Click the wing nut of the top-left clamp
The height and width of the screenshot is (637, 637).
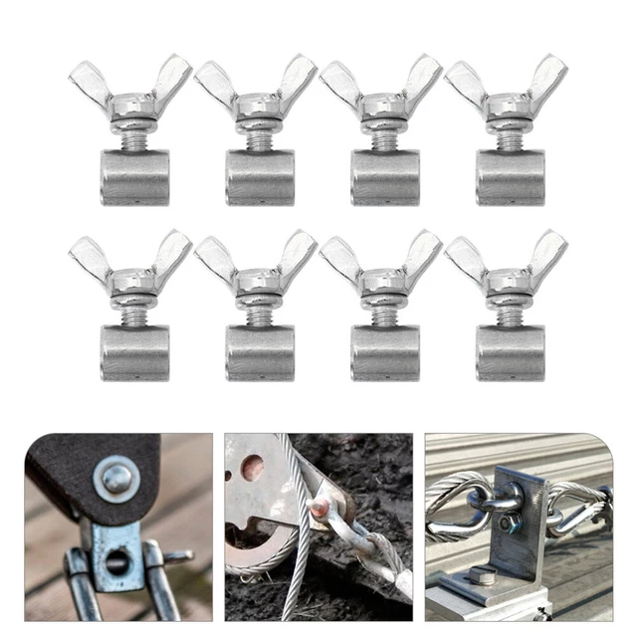tap(130, 100)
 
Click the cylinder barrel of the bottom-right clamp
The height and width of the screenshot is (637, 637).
tap(510, 352)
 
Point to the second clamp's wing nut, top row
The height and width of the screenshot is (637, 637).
tap(256, 100)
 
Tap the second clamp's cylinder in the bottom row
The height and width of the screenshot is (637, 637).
tap(259, 352)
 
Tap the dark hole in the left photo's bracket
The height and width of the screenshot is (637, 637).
tap(116, 562)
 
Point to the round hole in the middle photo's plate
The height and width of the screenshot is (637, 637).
tap(253, 466)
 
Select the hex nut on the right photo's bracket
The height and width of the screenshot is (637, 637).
tap(508, 523)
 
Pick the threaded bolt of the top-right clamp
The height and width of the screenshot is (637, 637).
tap(510, 140)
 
